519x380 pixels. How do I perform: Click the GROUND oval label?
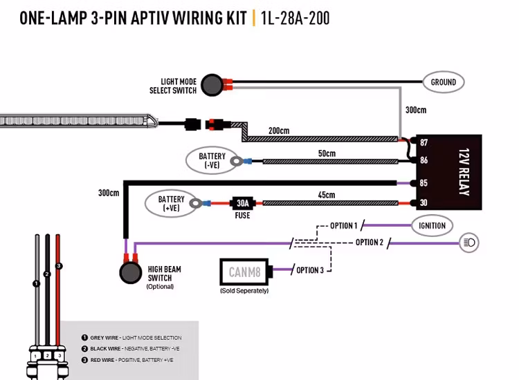coord(444,82)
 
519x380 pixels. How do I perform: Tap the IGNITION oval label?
coord(432,225)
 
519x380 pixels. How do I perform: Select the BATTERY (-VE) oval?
coord(212,161)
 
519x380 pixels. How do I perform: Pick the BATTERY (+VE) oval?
coord(171,204)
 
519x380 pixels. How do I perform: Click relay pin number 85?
coord(424,184)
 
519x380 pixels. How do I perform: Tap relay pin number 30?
coord(424,203)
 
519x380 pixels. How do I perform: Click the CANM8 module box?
coord(244,272)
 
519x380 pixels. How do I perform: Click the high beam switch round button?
coord(129,273)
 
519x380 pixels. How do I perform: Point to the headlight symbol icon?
coord(469,243)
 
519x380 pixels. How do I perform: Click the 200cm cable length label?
coord(280,131)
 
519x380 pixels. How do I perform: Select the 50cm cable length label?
coord(327,153)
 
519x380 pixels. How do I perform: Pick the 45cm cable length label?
coord(327,196)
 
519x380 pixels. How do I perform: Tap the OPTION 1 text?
coord(343,226)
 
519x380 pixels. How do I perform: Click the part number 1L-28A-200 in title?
coord(295,18)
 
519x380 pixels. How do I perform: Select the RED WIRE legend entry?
coord(132,359)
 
